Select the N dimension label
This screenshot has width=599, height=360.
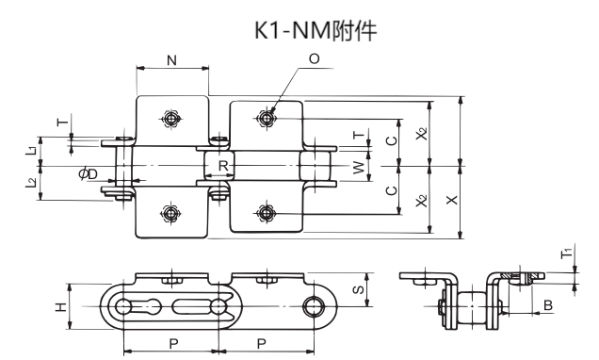tap(170, 60)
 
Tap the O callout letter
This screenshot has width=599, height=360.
tap(313, 59)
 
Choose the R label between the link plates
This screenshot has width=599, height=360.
tap(220, 167)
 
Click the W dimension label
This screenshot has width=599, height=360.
tap(357, 167)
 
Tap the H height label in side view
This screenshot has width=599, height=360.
tap(59, 306)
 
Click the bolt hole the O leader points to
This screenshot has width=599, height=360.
tap(267, 118)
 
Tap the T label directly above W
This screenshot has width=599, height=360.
tap(356, 135)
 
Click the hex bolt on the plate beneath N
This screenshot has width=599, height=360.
tap(170, 119)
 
